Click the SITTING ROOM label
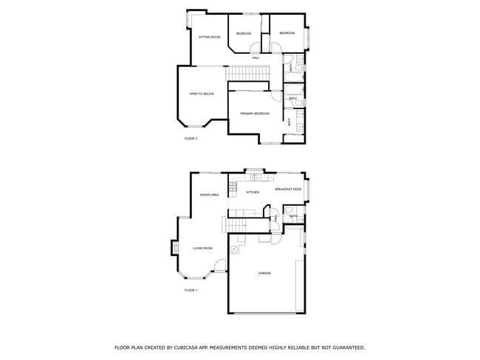(x=210, y=37)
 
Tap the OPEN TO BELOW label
(x=202, y=94)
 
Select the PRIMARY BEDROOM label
(x=255, y=114)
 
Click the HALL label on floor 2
(x=256, y=58)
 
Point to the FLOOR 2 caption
(x=191, y=139)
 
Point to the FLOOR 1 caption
(x=191, y=290)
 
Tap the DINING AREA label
(x=210, y=195)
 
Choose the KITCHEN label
(x=253, y=193)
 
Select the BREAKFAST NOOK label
(x=289, y=190)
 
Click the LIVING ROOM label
(x=203, y=248)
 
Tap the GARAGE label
(x=264, y=274)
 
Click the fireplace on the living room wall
(x=176, y=248)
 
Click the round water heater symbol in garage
(x=236, y=250)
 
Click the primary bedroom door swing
(x=275, y=95)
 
